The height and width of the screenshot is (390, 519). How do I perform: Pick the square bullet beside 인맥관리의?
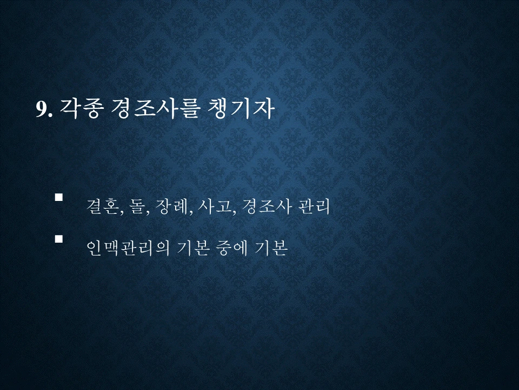pyautogui.click(x=59, y=238)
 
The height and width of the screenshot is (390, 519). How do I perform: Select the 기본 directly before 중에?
pyautogui.click(x=194, y=248)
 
